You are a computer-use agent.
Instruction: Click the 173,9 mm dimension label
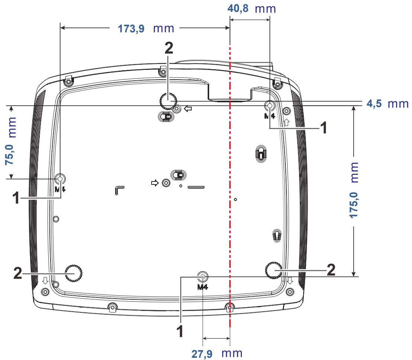tap(146, 28)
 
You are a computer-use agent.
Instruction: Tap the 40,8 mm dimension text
tap(252, 9)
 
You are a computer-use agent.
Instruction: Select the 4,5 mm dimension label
tap(387, 104)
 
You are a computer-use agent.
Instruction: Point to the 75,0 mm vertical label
tap(10, 141)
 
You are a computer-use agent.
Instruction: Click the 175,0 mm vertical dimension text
tap(354, 190)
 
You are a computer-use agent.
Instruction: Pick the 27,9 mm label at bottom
tap(217, 353)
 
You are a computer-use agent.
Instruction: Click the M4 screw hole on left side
tap(60, 179)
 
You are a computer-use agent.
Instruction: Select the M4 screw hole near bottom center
tap(202, 276)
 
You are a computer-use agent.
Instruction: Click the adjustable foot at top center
tap(168, 101)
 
